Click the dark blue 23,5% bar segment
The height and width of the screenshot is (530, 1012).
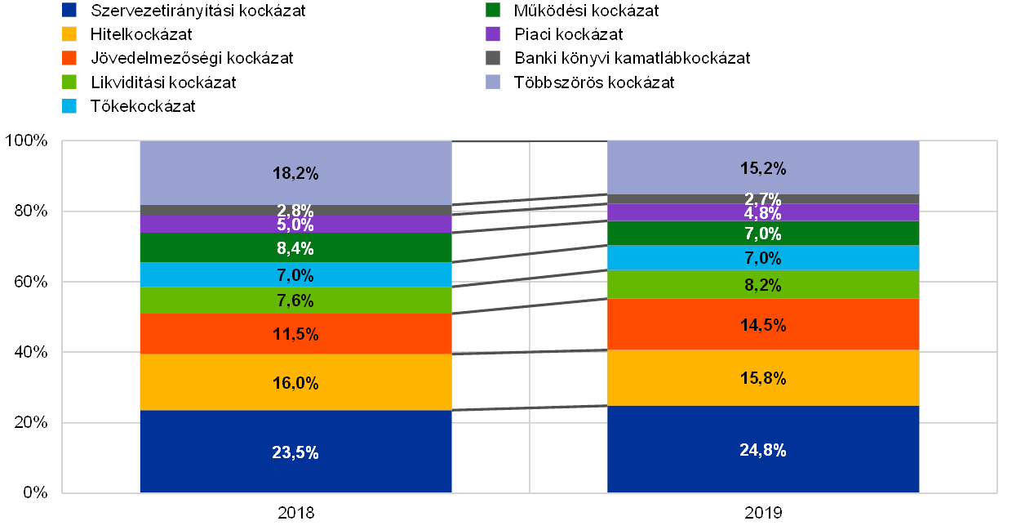pyautogui.click(x=295, y=452)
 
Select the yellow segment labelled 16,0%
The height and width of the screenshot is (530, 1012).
pyautogui.click(x=295, y=382)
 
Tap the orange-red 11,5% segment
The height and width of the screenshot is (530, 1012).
pyautogui.click(x=295, y=334)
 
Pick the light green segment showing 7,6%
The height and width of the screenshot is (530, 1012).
pyautogui.click(x=295, y=301)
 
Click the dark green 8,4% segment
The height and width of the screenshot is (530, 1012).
pyautogui.click(x=295, y=248)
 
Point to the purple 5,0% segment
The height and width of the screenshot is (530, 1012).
pyautogui.click(x=295, y=225)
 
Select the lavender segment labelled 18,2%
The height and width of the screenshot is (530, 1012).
pyautogui.click(x=295, y=173)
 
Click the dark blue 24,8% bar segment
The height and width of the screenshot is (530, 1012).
pyautogui.click(x=763, y=449)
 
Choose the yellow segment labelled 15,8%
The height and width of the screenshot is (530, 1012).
pyautogui.click(x=763, y=378)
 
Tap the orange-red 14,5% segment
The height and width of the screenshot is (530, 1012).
pyautogui.click(x=763, y=325)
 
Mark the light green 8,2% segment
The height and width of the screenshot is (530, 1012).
pyautogui.click(x=763, y=285)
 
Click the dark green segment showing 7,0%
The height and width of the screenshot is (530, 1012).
pyautogui.click(x=763, y=234)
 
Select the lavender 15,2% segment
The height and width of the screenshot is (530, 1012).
pyautogui.click(x=763, y=168)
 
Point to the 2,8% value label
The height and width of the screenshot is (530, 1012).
pyautogui.click(x=295, y=211)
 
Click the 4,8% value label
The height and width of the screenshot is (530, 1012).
pyautogui.click(x=763, y=213)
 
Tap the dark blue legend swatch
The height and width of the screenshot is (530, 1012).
pyautogui.click(x=69, y=11)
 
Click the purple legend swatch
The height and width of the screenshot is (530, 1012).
pyautogui.click(x=492, y=34)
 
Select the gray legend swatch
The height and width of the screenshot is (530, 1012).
pyautogui.click(x=492, y=58)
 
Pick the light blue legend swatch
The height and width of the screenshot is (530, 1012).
pyautogui.click(x=69, y=106)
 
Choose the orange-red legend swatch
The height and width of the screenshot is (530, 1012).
pyautogui.click(x=69, y=58)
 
